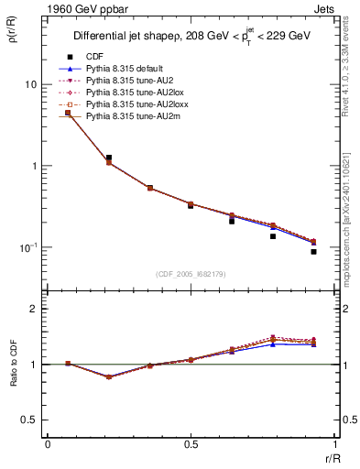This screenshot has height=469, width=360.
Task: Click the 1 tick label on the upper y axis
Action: click(x=35, y=166)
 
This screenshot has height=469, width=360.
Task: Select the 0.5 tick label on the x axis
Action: click(x=191, y=443)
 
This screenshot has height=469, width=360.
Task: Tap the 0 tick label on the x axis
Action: click(x=48, y=443)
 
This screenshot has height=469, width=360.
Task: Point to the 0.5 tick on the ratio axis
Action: click(x=32, y=420)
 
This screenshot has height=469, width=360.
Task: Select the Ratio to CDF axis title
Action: click(x=13, y=365)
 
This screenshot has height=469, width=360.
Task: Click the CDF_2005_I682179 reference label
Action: click(x=191, y=273)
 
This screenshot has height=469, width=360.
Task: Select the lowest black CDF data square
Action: click(x=313, y=251)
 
